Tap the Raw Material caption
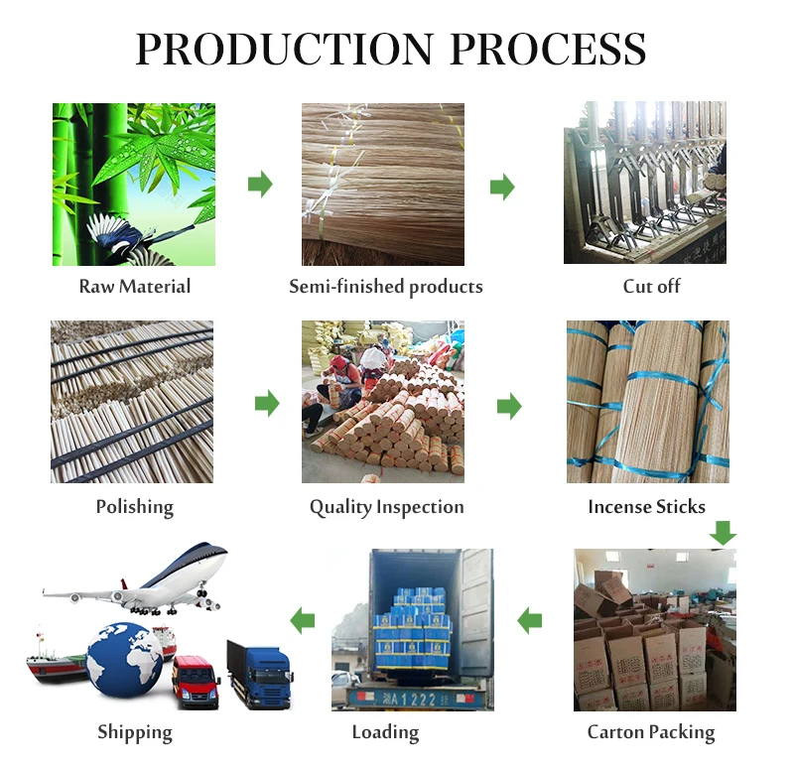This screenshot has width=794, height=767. pos(135,287)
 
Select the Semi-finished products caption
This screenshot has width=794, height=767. pos(385,287)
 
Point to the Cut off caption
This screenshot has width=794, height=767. pos(651,287)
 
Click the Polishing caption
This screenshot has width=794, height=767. pos(135,507)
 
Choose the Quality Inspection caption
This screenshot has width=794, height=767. pos(386,507)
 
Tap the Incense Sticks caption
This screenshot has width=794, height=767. pos(646,507)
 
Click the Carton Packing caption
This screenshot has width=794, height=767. pos(651,732)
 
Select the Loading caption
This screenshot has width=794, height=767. pos(385,732)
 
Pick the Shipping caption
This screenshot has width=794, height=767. pos(135,733)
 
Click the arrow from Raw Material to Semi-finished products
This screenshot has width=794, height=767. pos(260,184)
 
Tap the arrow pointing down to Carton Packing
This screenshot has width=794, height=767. pos(724,533)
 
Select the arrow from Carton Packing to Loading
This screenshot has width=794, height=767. pos(530,621)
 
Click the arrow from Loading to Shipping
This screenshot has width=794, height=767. pos(303,621)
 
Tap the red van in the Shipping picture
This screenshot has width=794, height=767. pos(196,679)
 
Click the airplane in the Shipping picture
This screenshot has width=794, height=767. pos(149,580)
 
